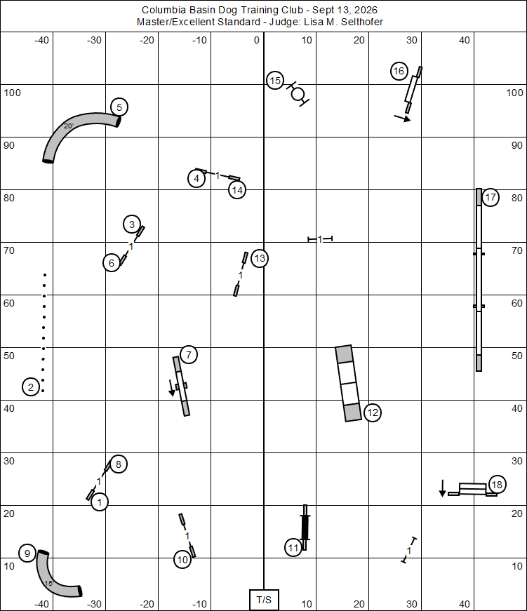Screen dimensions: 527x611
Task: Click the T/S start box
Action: point(264,600)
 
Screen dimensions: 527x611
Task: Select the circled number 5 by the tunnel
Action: point(119,107)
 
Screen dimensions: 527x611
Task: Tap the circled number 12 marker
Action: point(373,412)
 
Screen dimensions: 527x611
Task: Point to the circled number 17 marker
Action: point(491,198)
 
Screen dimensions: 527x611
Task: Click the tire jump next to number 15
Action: point(298,94)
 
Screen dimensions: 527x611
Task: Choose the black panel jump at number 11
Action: point(305,528)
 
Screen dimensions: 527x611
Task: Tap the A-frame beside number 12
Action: point(348,383)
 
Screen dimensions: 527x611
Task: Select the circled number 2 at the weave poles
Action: point(31,387)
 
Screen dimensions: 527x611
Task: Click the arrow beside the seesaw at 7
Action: point(171,388)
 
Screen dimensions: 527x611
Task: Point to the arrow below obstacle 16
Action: point(402,118)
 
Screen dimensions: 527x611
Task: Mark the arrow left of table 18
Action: point(442,488)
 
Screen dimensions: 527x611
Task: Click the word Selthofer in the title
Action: point(362,22)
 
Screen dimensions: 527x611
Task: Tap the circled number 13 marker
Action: point(260,258)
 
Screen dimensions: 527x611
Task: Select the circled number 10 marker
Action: point(182,560)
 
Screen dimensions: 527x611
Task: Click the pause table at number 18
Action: point(472,489)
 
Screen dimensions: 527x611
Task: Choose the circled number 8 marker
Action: point(119,464)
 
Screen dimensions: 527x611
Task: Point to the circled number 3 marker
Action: point(132,224)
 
